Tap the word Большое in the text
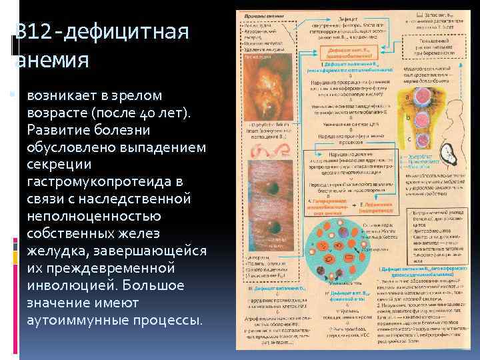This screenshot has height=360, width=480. (x=164, y=285)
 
